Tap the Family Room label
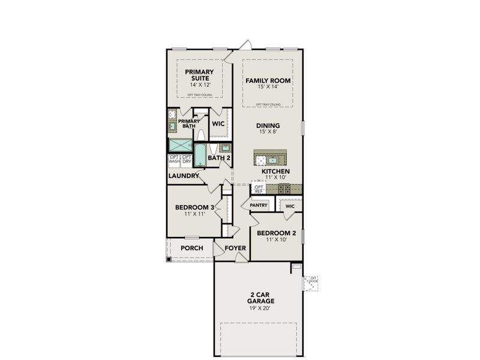coord(268,80)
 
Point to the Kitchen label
coord(275,172)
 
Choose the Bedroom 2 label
coord(277,233)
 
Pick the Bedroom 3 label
coord(194,208)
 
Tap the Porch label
coord(191,248)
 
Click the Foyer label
coord(235,248)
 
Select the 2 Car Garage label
coord(260,298)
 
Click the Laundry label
coord(184,176)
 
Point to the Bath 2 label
coord(219,158)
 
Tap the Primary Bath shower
coord(179,145)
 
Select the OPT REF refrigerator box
coord(259,189)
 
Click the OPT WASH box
coord(174,160)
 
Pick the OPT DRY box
coord(187,160)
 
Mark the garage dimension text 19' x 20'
coord(260,308)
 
